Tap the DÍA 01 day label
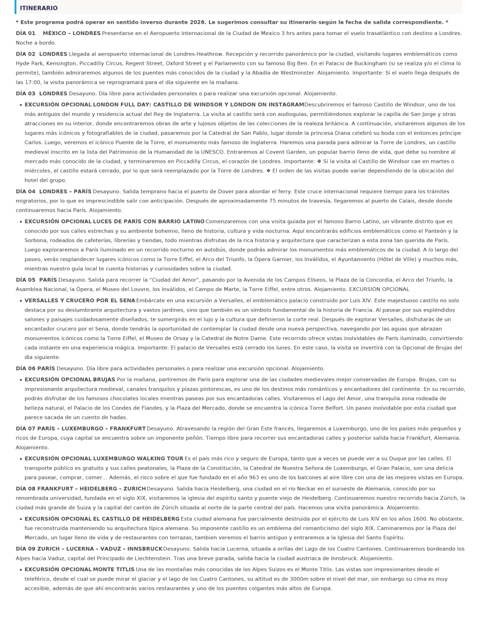tap(26, 33)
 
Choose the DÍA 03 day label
tap(26, 94)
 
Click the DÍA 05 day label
tap(26, 280)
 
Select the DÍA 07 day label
tap(26, 428)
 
